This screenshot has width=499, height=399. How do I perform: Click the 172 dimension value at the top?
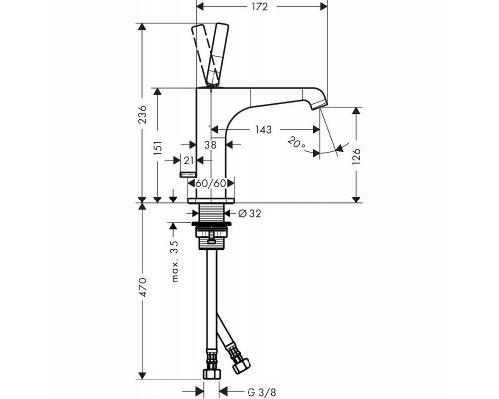[259, 6]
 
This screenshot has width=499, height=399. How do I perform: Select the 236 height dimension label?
[142, 114]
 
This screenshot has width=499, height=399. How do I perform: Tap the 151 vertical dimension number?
[158, 148]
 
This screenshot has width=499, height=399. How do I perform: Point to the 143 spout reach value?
[263, 129]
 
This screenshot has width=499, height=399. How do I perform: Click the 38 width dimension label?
[210, 145]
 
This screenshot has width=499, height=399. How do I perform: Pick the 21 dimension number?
[189, 160]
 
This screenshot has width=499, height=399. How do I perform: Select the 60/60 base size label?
[211, 183]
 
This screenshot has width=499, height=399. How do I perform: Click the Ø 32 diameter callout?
[250, 213]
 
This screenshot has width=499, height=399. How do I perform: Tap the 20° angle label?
[297, 142]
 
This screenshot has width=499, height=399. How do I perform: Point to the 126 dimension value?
[356, 156]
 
